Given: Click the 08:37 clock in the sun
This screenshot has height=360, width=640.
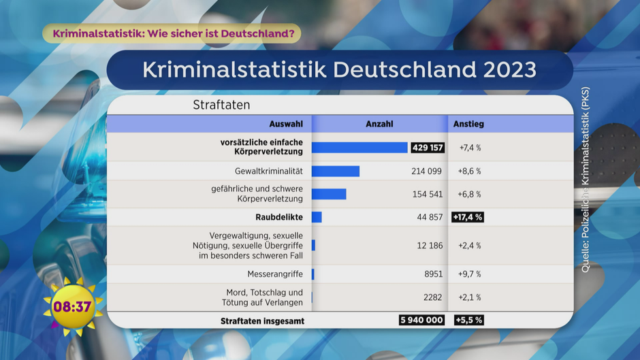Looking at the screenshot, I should click(x=72, y=307).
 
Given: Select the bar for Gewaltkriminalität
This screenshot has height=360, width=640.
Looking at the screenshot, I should click(x=336, y=171).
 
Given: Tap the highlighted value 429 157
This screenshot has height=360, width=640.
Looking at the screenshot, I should click(x=428, y=148).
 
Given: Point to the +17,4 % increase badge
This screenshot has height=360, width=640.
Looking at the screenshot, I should click(x=467, y=217).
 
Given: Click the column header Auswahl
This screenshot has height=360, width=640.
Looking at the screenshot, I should click(x=286, y=124).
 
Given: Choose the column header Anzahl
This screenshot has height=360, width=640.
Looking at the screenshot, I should click(x=379, y=124).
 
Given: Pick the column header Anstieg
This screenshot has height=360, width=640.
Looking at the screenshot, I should click(x=469, y=124).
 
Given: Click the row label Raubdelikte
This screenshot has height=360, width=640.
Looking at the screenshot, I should click(x=278, y=217).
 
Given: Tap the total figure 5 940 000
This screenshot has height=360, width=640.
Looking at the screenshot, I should click(x=422, y=321).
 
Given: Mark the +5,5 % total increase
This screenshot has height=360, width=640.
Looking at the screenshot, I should click(x=469, y=321).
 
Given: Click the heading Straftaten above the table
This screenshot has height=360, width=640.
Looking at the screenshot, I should click(x=221, y=105).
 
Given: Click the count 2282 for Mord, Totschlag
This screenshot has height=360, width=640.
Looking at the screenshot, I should click(x=432, y=297).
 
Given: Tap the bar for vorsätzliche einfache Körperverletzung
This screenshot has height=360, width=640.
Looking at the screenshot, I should click(x=359, y=148).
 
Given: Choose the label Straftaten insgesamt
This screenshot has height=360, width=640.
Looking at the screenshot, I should click(x=262, y=321).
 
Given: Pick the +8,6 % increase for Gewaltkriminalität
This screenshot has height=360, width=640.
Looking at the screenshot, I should click(x=470, y=171).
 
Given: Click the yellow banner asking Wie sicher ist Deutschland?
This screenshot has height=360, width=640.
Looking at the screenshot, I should click(x=172, y=33).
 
